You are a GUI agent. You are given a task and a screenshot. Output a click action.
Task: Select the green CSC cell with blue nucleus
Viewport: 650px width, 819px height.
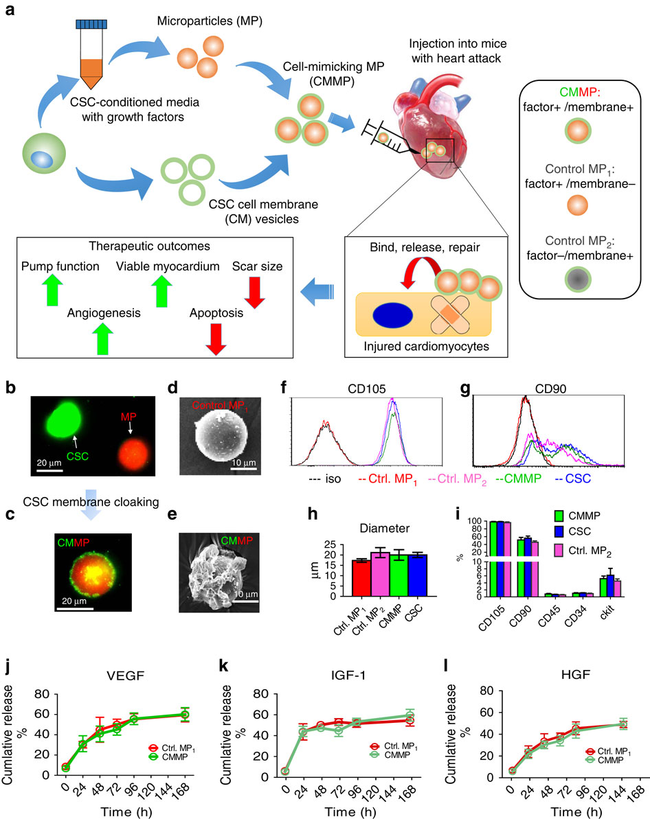(44, 154)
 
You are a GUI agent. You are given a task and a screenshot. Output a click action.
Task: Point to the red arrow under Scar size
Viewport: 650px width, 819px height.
(255, 292)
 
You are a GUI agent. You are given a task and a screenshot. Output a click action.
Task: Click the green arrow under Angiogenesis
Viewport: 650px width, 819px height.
(102, 338)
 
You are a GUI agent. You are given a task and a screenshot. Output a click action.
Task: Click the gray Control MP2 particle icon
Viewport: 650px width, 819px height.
(578, 279)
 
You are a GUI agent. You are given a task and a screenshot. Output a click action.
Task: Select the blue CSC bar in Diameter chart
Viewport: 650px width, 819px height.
(418, 575)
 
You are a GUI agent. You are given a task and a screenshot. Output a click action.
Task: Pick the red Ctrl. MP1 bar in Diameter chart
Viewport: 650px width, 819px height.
(361, 578)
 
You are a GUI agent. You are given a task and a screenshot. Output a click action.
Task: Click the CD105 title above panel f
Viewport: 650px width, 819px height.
(367, 389)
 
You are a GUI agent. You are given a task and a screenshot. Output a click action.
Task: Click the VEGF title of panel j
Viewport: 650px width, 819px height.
(125, 676)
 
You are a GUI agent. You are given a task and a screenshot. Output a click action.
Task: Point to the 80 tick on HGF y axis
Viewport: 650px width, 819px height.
(486, 691)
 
